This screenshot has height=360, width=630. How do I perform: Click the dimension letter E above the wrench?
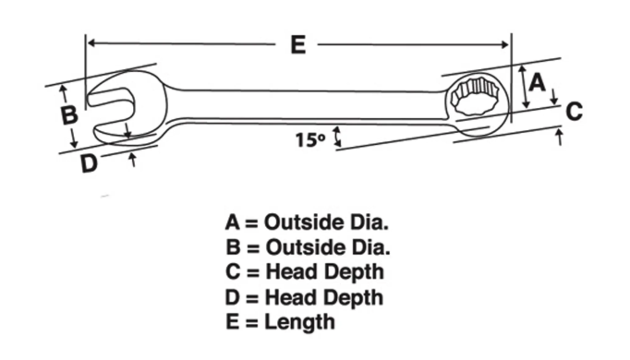(297, 44)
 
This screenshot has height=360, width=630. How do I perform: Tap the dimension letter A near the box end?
(538, 83)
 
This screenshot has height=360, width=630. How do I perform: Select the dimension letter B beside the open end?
(69, 114)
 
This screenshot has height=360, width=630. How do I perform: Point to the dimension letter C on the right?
(575, 112)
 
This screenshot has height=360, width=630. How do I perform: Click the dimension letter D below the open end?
(89, 163)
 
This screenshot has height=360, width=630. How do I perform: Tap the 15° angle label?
(310, 139)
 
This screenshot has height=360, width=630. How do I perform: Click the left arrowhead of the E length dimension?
(91, 43)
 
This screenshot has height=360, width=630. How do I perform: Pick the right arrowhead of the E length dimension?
(505, 44)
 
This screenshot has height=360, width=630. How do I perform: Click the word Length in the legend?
(299, 322)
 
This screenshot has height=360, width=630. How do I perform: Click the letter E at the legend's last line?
(233, 322)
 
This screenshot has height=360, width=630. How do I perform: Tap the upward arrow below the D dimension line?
(132, 160)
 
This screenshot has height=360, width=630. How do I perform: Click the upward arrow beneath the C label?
(559, 137)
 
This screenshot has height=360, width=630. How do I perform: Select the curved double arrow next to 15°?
(337, 137)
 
